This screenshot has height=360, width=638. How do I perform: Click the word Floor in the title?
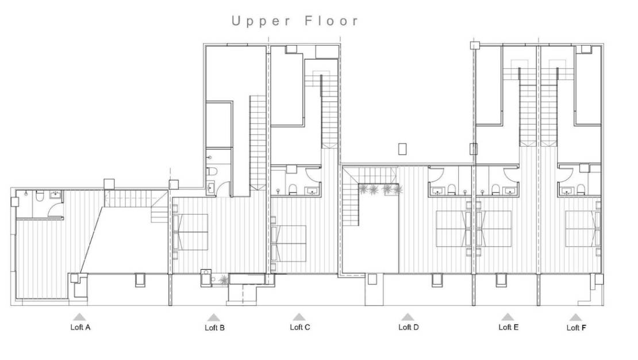[330, 21]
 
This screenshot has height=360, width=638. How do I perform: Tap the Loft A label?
[80, 327]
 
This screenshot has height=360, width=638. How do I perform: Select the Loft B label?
[214, 328]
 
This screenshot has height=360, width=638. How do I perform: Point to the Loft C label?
[299, 327]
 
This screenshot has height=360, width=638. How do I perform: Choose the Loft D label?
[408, 327]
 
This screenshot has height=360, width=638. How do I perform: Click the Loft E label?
[508, 327]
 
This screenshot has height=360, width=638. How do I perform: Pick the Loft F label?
[576, 328]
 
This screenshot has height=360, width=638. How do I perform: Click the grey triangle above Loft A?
[79, 316]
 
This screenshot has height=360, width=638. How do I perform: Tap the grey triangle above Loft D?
[408, 316]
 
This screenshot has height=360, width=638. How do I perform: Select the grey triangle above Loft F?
[575, 317]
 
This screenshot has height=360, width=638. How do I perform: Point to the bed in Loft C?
[291, 243]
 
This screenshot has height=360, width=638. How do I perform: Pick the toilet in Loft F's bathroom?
[581, 190]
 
